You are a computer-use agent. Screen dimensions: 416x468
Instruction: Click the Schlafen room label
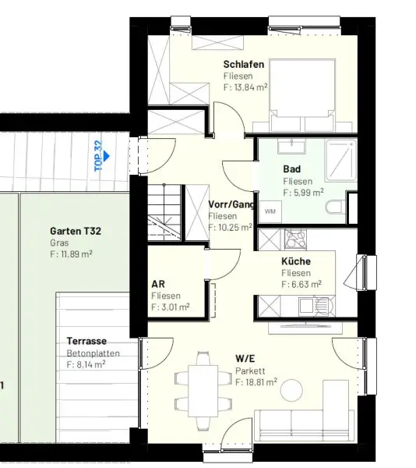(x=244, y=64)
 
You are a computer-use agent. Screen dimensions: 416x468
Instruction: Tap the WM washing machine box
(x=270, y=211)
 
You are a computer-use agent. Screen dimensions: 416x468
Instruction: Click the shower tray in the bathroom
(x=341, y=160)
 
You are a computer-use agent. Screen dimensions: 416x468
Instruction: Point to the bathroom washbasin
(x=291, y=146)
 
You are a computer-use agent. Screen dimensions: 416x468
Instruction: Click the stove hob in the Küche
(x=295, y=239)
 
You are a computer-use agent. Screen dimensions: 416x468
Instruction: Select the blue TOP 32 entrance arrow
(x=107, y=156)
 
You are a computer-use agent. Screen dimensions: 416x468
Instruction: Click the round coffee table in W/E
(x=291, y=390)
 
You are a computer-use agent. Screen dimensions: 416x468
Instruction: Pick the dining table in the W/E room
(x=203, y=392)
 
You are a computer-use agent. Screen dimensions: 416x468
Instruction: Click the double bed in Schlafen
(x=302, y=95)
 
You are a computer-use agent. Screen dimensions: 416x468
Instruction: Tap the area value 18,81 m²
(x=256, y=382)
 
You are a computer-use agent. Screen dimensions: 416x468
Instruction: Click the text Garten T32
(x=76, y=231)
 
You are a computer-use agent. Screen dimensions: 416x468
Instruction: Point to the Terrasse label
(x=86, y=341)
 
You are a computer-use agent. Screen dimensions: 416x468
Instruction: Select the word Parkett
(x=250, y=371)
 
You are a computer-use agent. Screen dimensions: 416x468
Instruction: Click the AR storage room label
(x=158, y=284)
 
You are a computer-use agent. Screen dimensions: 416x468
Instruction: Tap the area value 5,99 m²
(x=303, y=193)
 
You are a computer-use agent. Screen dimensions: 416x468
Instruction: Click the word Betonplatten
(x=93, y=353)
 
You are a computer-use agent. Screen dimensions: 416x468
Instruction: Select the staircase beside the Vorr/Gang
(x=164, y=213)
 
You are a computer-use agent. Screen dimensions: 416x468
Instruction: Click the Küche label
(x=296, y=261)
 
